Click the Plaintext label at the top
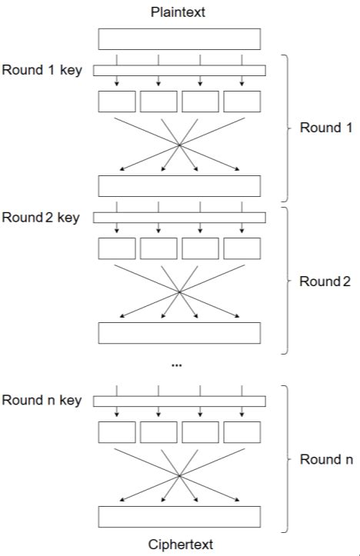click(x=179, y=13)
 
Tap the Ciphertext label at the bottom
click(x=179, y=544)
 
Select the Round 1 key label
click(x=42, y=71)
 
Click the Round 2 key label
click(x=41, y=218)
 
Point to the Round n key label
click(x=42, y=401)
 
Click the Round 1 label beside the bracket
click(x=325, y=128)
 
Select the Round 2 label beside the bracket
click(x=325, y=281)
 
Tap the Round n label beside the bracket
click(x=326, y=460)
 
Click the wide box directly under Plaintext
click(x=179, y=38)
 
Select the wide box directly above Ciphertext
click(x=179, y=517)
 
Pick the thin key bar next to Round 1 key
click(x=179, y=71)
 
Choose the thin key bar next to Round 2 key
click(x=179, y=218)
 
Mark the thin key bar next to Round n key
click(x=179, y=401)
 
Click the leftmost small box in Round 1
click(x=117, y=102)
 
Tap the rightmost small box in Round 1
click(x=242, y=102)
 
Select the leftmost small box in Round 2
click(x=117, y=248)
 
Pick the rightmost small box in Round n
click(x=242, y=432)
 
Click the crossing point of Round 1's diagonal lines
click(x=179, y=144)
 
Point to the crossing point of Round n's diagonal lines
click(x=179, y=474)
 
